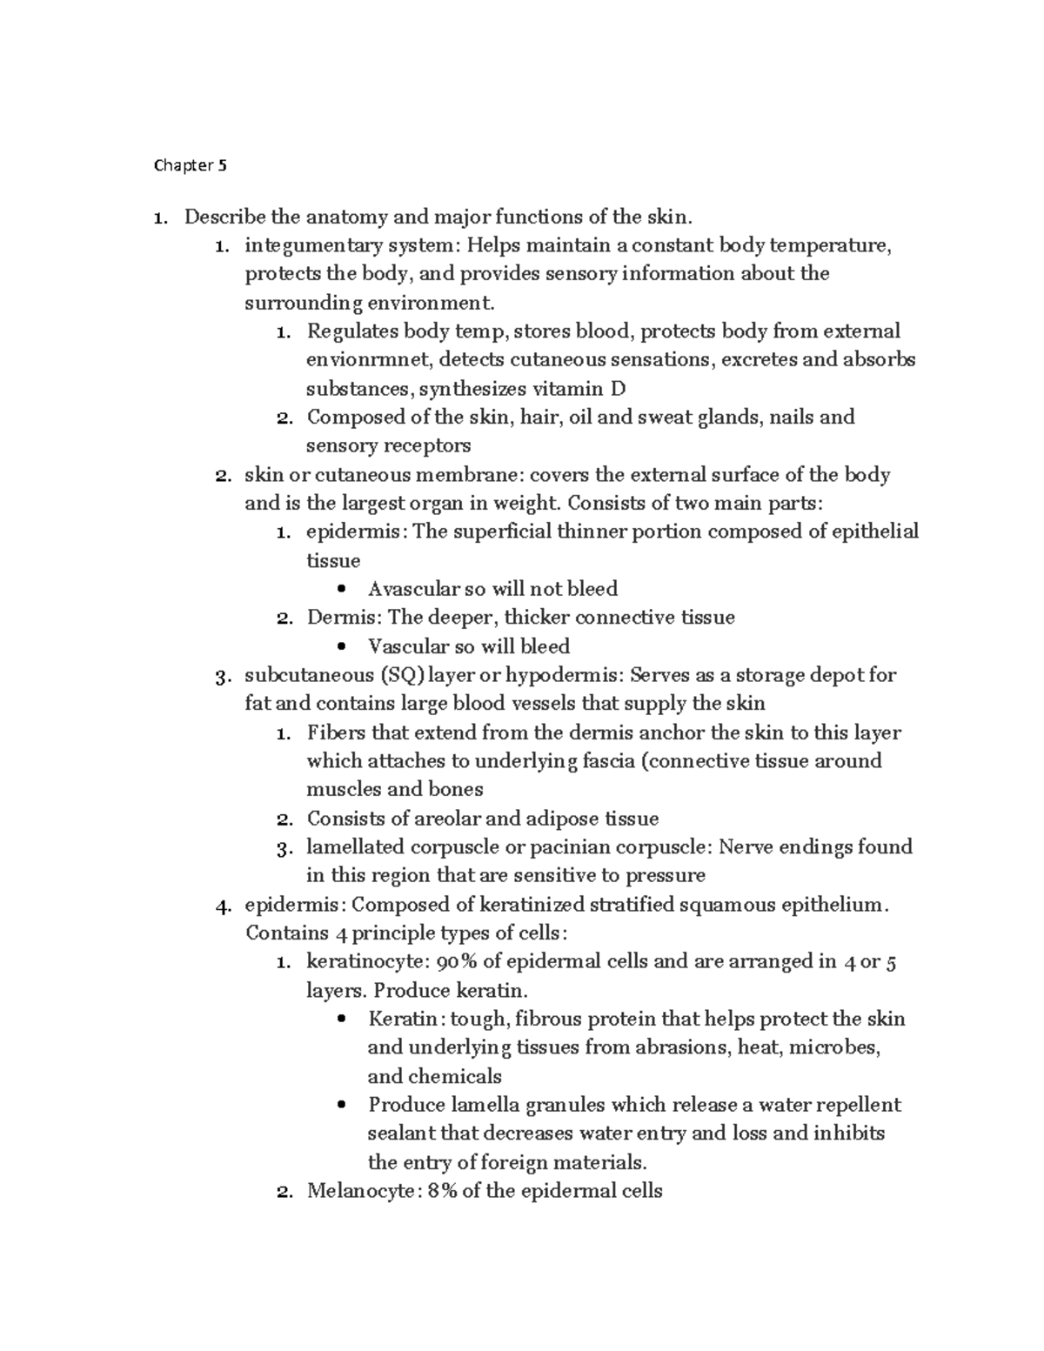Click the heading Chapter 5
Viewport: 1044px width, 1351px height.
(190, 165)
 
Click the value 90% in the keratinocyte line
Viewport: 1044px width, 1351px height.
(458, 962)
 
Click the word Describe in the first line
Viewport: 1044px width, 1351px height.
(224, 217)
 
